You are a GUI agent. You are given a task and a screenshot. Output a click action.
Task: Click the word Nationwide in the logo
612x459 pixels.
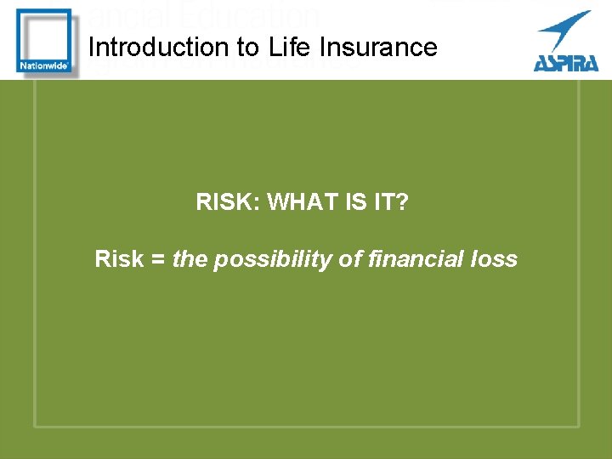(43, 65)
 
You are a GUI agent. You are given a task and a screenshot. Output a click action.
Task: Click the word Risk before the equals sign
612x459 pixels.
(119, 259)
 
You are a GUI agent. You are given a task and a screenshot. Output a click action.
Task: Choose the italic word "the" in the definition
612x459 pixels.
(190, 259)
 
